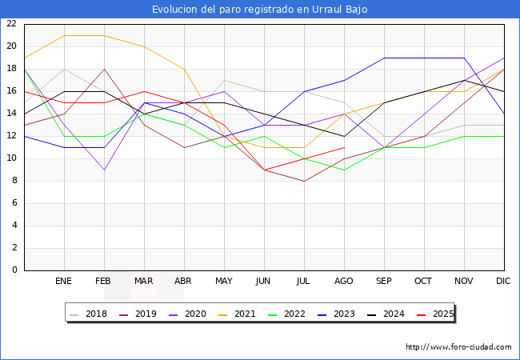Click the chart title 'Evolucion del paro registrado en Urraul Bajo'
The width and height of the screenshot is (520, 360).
tap(260, 10)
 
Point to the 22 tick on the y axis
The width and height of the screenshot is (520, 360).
tap(11, 24)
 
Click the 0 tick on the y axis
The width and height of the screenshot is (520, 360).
tap(14, 270)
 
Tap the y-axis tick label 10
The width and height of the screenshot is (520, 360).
tap(11, 158)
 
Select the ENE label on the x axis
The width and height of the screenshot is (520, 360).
tap(64, 282)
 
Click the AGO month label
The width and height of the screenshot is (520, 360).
tap(344, 282)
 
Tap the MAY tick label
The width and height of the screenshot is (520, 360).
tap(224, 282)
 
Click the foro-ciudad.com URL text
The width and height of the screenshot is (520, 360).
tap(458, 347)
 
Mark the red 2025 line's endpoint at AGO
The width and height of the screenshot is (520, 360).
tap(344, 147)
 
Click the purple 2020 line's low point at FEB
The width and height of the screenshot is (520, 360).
tap(104, 170)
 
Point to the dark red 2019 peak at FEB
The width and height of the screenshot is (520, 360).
tap(104, 69)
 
